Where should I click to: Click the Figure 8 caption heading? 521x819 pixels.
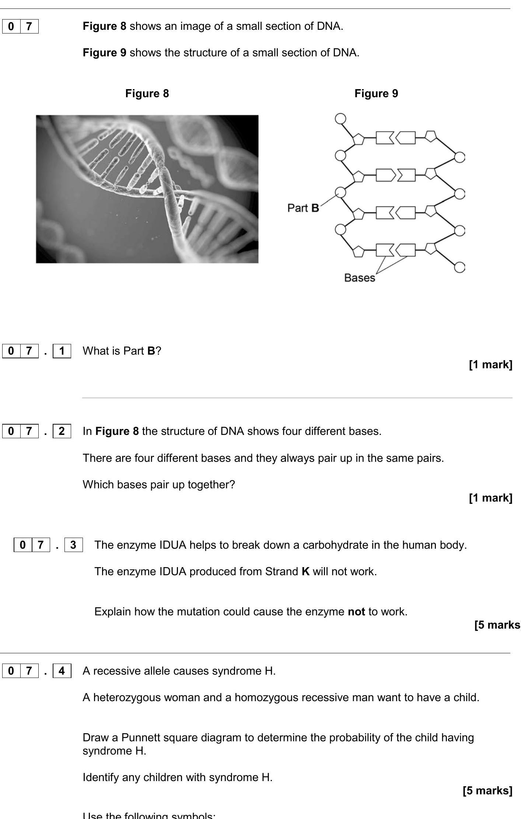point(147,94)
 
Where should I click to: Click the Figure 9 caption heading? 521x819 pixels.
point(376,94)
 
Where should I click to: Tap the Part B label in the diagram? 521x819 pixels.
point(303,208)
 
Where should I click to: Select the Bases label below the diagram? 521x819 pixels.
point(359,278)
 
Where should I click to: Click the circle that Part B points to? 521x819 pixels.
point(341,192)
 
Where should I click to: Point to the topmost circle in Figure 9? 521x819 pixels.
point(341,119)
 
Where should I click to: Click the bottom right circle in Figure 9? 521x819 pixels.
point(459,267)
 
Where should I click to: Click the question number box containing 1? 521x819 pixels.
point(62,351)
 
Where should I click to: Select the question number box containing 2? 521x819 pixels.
point(62,431)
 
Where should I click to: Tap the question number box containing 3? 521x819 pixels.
point(73,545)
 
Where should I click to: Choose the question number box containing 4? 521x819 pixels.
point(62,671)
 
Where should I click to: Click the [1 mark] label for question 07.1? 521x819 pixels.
point(490,365)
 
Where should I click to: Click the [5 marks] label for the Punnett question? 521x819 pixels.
point(487,791)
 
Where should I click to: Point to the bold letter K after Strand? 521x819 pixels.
point(305,572)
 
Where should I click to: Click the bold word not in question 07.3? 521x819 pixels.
point(356,612)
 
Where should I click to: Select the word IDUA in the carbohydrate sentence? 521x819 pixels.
point(173,545)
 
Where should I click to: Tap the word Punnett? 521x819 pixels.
point(140,738)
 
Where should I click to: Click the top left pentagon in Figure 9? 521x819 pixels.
point(358,139)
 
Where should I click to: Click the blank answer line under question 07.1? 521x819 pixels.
point(297,398)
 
